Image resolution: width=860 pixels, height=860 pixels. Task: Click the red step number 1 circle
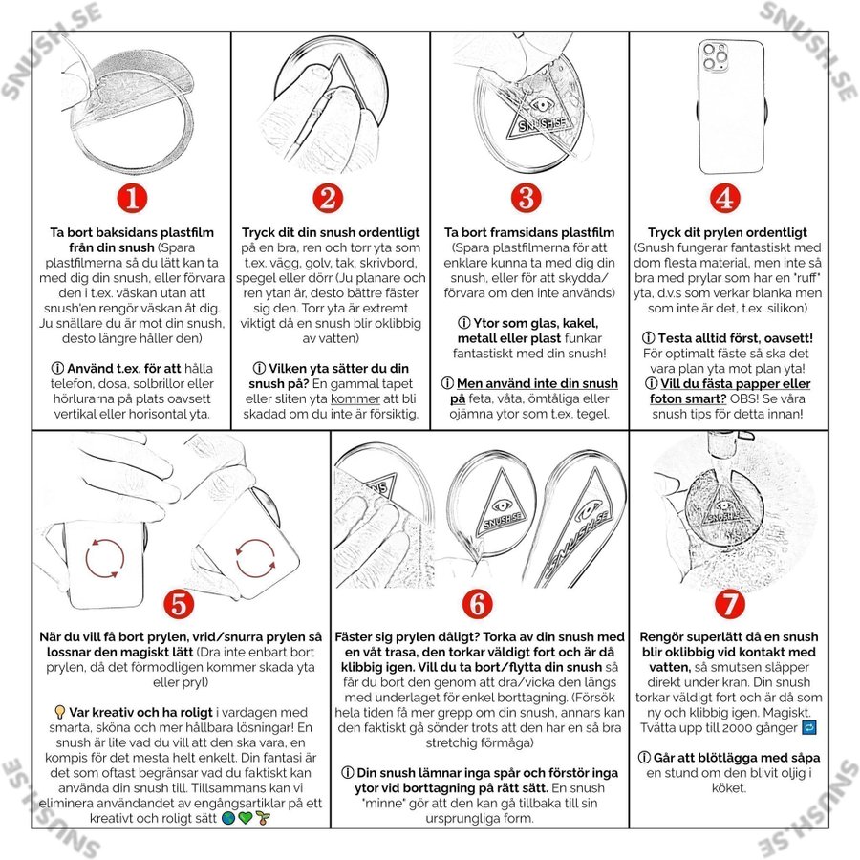click(x=132, y=198)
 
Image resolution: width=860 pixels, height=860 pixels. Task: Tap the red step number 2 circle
click(x=328, y=198)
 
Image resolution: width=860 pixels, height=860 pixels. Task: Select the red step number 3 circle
click(x=526, y=198)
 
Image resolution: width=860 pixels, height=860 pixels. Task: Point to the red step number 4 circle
click(x=725, y=198)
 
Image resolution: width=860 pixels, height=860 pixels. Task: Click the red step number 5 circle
click(x=179, y=604)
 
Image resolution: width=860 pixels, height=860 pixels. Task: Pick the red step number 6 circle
click(x=477, y=604)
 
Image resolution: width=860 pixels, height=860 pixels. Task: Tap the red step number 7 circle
click(x=729, y=604)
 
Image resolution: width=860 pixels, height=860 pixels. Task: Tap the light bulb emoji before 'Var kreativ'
click(x=60, y=713)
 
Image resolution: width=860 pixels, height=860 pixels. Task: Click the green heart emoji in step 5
click(x=246, y=818)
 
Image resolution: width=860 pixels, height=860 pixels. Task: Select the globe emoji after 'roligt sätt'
click(x=228, y=818)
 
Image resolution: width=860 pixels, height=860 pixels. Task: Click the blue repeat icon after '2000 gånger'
click(x=809, y=728)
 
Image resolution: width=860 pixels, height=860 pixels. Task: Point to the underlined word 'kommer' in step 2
click(x=355, y=398)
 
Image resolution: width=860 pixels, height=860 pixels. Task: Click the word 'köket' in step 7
click(x=728, y=788)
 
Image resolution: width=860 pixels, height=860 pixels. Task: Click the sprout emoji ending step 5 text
click(x=263, y=818)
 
